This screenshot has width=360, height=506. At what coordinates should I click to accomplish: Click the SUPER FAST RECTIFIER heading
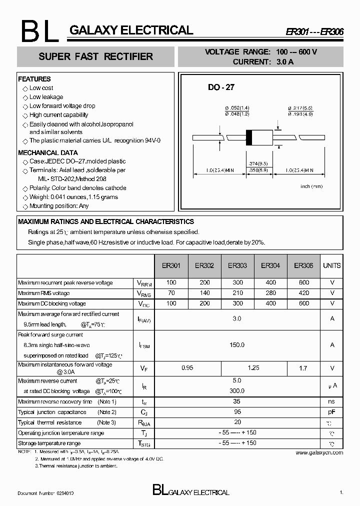coord(96,56)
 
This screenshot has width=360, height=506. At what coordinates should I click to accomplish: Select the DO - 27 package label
coord(221,87)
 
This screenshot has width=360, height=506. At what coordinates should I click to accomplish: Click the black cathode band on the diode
coord(248,137)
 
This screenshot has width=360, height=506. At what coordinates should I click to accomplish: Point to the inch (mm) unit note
coord(311,186)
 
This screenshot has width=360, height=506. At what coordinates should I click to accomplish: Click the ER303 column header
coord(237,265)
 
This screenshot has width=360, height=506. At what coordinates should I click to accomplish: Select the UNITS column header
coord(332,265)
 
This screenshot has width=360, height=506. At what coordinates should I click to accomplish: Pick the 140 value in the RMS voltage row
coord(205,293)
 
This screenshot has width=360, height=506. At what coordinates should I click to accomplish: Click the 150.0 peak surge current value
coord(237,344)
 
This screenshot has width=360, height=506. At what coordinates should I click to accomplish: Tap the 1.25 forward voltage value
coord(253,367)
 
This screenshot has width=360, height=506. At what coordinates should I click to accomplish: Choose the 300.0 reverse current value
coord(237,390)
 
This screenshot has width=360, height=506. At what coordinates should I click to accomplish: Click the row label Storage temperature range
coord(49,443)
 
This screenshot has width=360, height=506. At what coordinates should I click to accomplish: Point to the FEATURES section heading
coord(34,79)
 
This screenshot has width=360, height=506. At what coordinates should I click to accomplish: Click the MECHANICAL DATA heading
coord(48,152)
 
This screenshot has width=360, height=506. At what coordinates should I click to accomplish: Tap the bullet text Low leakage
coord(46,97)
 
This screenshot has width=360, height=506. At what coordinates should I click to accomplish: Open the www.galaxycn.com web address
coord(319,452)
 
